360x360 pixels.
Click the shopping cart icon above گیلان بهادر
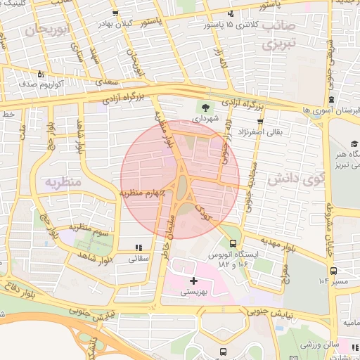click(115, 14)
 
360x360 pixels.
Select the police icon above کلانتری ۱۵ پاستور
click(229, 15)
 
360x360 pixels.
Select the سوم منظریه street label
click(88, 229)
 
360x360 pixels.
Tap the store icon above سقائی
click(139, 247)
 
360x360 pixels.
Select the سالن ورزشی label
click(319, 345)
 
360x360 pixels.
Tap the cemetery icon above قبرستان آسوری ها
click(330, 100)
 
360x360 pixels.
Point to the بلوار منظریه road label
click(167, 133)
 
